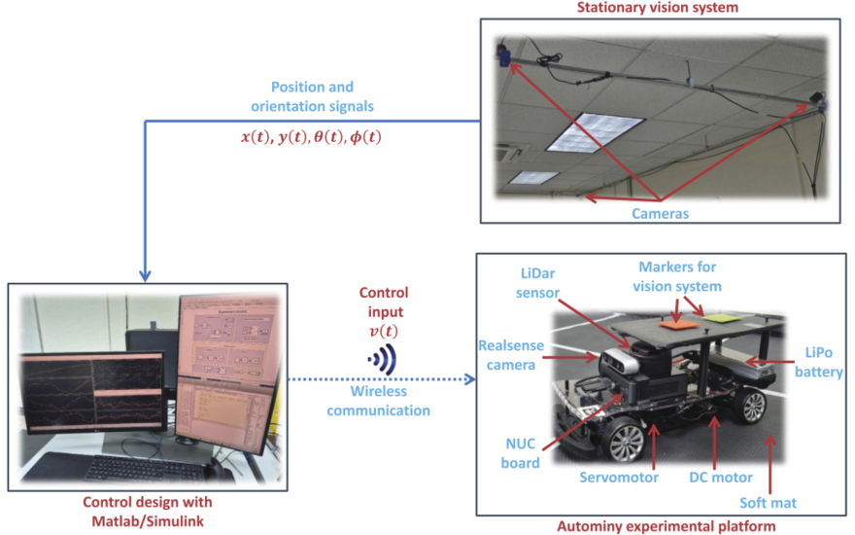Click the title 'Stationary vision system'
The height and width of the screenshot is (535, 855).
[657, 8]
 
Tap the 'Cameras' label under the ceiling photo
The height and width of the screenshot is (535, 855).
[660, 213]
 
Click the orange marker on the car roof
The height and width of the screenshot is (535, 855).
[679, 324]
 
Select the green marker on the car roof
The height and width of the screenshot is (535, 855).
[721, 317]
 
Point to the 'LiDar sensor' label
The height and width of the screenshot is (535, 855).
[537, 283]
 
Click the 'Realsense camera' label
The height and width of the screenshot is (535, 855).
[511, 355]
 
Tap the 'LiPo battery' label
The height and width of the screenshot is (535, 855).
[818, 362]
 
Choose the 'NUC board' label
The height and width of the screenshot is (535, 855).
[520, 453]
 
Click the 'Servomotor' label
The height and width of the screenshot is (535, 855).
[618, 478]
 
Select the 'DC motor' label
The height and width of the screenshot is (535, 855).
[720, 478]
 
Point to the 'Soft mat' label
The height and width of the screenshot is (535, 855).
[768, 503]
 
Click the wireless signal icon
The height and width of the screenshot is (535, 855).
[382, 359]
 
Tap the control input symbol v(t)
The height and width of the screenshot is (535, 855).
[384, 331]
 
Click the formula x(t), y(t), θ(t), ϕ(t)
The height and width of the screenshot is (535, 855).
[311, 137]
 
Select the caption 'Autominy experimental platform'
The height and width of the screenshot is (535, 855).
[666, 526]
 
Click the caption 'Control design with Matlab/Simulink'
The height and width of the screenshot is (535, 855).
[148, 512]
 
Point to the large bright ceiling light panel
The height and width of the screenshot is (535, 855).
[595, 132]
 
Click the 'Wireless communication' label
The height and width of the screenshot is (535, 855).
[378, 401]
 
